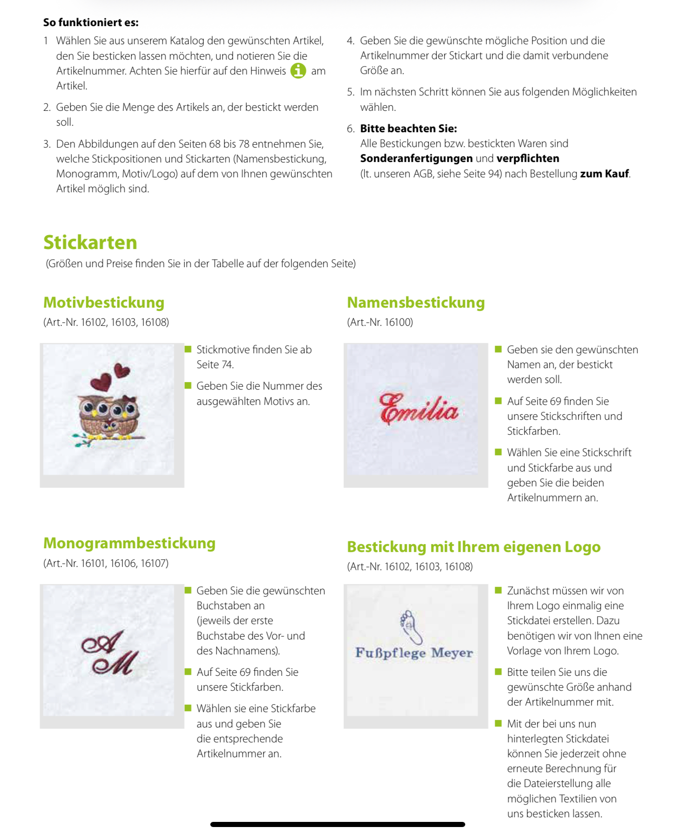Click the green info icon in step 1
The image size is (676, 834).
click(x=298, y=71)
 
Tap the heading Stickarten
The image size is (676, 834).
click(x=90, y=242)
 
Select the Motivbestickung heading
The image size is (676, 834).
click(x=104, y=303)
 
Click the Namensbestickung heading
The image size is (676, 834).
click(x=416, y=303)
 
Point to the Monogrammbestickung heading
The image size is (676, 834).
click(x=129, y=543)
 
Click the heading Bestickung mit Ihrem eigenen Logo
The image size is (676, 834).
click(x=474, y=547)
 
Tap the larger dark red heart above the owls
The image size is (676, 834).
click(x=101, y=383)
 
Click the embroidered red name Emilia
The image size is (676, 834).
click(x=419, y=410)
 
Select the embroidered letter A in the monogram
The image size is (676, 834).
click(x=103, y=642)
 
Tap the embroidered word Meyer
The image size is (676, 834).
click(x=452, y=652)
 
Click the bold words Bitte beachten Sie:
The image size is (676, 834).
click(x=408, y=128)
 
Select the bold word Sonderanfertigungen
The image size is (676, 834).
click(x=416, y=159)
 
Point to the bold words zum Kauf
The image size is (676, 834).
click(x=604, y=174)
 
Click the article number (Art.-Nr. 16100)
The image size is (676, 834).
click(x=380, y=322)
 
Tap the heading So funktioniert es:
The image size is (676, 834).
click(x=91, y=22)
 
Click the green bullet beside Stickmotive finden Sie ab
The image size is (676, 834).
click(x=188, y=349)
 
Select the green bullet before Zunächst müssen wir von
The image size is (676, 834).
click(x=498, y=590)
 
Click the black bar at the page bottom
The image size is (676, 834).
click(x=338, y=824)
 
